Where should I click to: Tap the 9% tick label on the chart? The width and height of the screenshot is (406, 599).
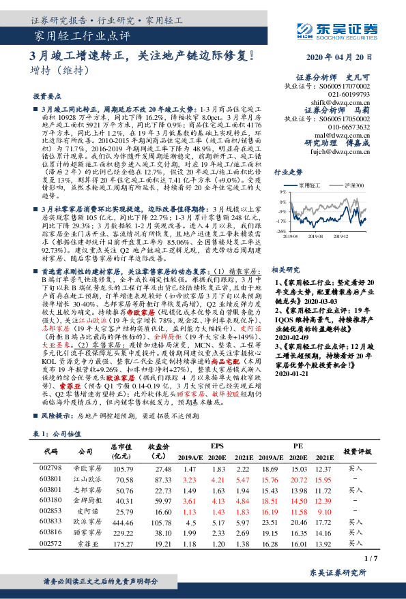(282, 193)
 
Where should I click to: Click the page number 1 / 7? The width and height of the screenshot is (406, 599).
(371, 558)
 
